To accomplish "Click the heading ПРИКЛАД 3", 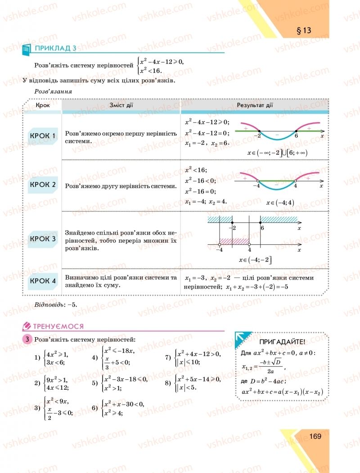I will point(53,48).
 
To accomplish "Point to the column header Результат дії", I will point(255,105).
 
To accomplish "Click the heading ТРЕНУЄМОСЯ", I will point(58,326).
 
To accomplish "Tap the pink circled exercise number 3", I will point(27,339).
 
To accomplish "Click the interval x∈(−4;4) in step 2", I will point(279,202).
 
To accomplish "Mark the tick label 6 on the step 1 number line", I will point(296,135).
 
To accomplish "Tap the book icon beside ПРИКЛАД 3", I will point(26,50).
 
